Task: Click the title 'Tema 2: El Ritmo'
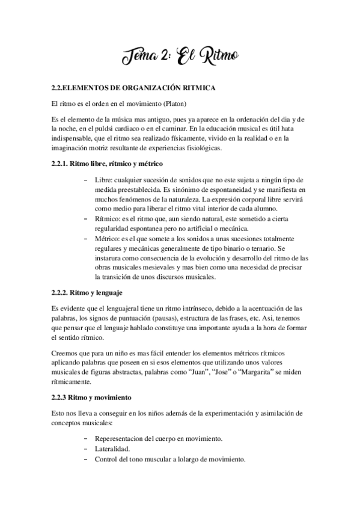[179, 58]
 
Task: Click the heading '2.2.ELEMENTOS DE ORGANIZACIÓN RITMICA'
[130, 89]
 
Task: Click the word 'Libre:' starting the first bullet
[105, 179]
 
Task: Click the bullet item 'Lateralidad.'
[113, 449]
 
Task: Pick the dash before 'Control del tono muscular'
[88, 459]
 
